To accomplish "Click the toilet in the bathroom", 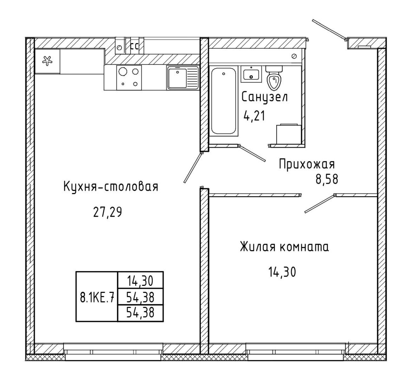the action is (x=274, y=78).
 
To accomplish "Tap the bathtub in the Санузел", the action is (x=224, y=101).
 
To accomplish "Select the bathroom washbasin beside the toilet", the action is (x=251, y=74).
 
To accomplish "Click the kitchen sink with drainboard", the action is (x=183, y=78).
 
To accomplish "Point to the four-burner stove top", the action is (x=129, y=78).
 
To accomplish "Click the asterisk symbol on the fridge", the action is (x=47, y=61).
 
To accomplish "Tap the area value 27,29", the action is (x=107, y=212).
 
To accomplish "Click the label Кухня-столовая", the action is (x=111, y=187).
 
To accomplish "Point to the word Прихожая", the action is (x=307, y=164).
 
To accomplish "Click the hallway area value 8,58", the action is (x=327, y=179).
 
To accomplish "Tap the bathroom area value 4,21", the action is (x=254, y=116).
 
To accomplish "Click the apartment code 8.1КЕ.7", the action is (x=97, y=297).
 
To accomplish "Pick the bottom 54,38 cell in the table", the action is (x=140, y=313).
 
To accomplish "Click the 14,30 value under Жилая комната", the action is (x=282, y=271).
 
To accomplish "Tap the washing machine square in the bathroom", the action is (x=289, y=134).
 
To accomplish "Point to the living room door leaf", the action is (x=320, y=204).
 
